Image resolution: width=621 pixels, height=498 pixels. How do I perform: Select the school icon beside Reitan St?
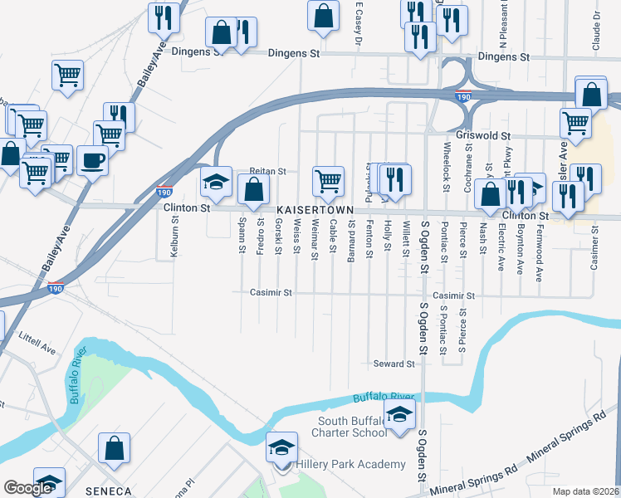(216, 182)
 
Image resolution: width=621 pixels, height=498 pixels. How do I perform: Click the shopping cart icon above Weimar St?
(329, 179)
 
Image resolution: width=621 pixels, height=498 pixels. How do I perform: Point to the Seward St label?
(393, 364)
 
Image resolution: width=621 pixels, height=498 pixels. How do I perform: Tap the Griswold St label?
(482, 134)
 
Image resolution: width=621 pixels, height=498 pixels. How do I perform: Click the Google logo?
(27, 488)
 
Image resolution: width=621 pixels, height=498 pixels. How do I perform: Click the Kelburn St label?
(175, 237)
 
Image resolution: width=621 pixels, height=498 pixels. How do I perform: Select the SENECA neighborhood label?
(108, 491)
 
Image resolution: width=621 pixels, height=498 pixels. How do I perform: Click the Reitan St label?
(268, 172)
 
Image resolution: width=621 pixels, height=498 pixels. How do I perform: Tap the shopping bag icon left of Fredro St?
(253, 189)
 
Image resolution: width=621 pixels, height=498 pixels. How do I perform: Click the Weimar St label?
(314, 239)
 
